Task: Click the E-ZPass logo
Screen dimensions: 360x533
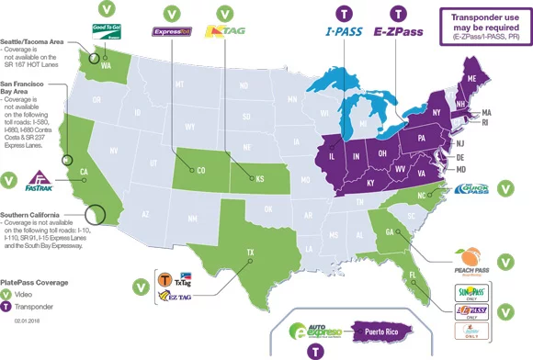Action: [x=398, y=39]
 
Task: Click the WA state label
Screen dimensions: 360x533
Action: [x=106, y=66]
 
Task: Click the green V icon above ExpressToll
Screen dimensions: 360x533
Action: [x=171, y=13]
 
